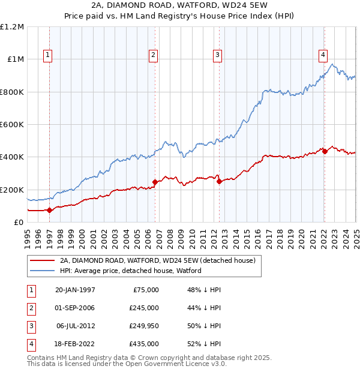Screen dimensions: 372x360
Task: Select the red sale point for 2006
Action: click(x=155, y=182)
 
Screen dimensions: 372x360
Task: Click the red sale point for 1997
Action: click(x=50, y=210)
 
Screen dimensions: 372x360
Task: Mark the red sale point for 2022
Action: click(x=325, y=151)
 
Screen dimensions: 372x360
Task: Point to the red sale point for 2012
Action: click(x=219, y=181)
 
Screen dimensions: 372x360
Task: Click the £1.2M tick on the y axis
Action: click(x=12, y=27)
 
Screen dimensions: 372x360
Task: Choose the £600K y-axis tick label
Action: click(x=12, y=125)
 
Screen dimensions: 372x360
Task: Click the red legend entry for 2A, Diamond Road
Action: click(x=158, y=260)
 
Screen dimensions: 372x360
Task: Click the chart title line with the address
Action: click(x=180, y=5)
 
